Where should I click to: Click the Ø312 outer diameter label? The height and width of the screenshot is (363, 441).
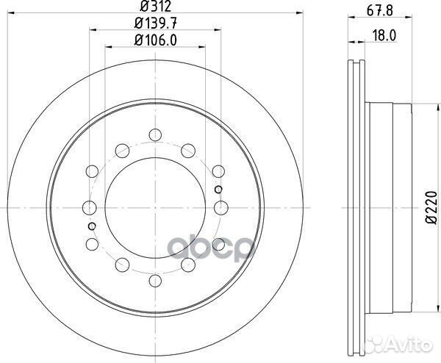click(154, 10)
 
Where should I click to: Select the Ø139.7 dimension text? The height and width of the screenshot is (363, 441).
click(154, 25)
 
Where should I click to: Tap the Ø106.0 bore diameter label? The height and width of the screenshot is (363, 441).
click(154, 41)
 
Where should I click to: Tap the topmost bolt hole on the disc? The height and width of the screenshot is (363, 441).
click(154, 134)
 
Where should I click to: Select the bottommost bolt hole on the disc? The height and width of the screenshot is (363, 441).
click(154, 279)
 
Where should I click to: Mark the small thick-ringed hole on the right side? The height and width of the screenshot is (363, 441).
click(218, 189)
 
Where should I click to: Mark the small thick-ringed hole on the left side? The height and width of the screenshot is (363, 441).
click(91, 226)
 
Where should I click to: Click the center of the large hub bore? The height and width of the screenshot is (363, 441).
click(154, 207)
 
